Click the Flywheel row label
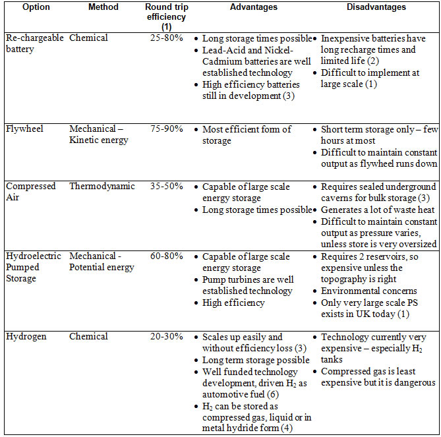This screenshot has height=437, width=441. (25, 129)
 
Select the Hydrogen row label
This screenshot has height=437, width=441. (26, 336)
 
